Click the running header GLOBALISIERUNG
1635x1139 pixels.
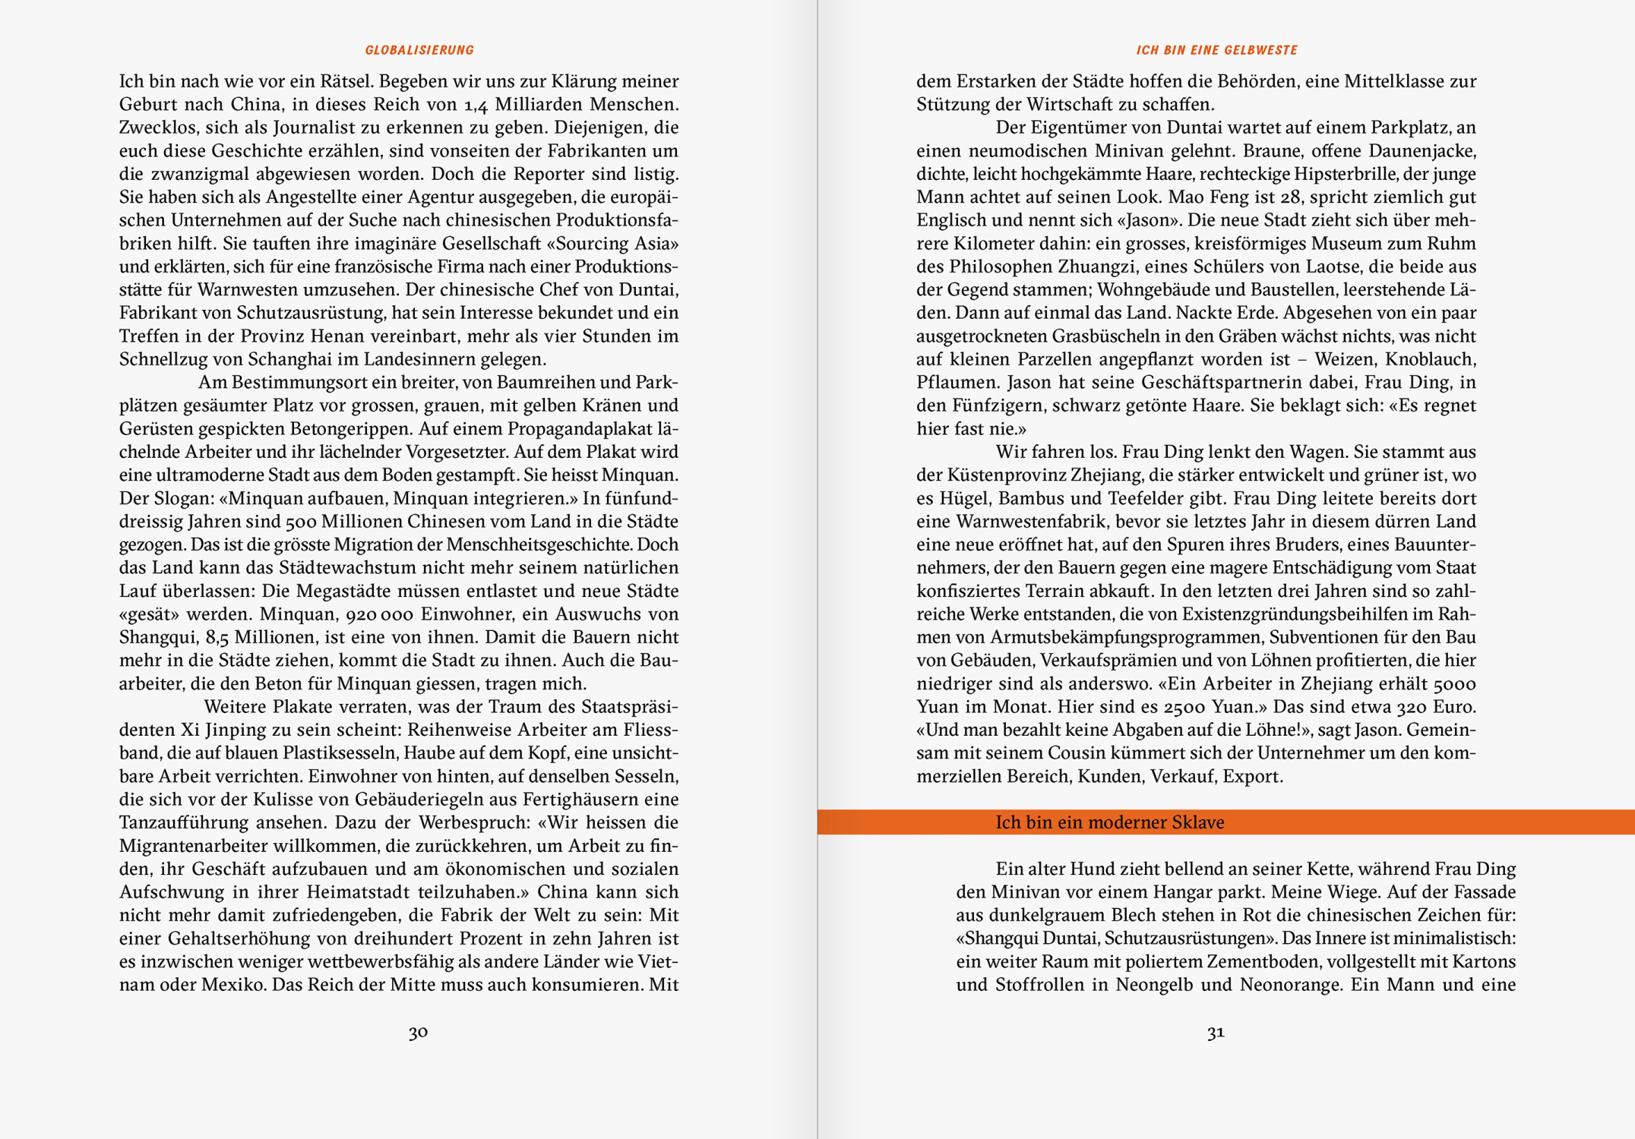tap(419, 50)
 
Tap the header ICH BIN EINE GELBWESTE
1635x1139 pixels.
tap(1216, 50)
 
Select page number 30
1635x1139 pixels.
tap(418, 1032)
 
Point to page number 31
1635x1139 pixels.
tap(1216, 1032)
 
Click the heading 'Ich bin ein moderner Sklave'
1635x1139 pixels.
tap(1109, 822)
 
